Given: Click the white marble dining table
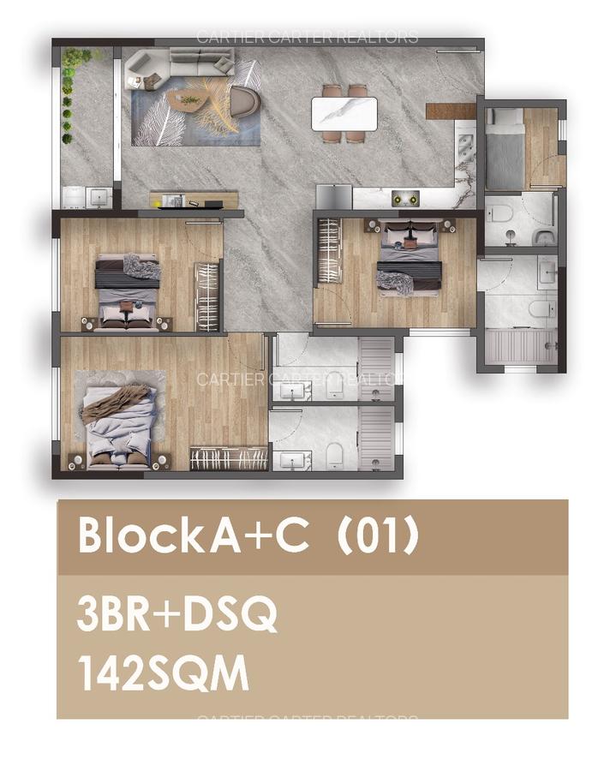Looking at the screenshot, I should coord(344,113).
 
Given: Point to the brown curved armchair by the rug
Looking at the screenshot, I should coord(246,101).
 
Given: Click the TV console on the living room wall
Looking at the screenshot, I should coord(187,200).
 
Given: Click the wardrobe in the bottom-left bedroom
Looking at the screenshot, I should coord(229,458).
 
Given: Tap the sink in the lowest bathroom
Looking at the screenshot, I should coord(293,459).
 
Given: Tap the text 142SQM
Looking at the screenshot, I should coord(163,673).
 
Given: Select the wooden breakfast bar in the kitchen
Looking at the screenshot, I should coord(450,111).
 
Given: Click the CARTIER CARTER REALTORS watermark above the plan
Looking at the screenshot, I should coord(308,37).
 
